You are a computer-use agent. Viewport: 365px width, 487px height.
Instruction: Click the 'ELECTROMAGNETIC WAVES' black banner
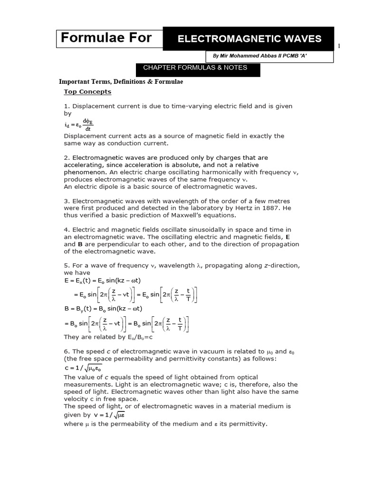click(249, 39)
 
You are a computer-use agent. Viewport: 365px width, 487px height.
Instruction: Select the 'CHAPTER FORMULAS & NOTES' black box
click(195, 68)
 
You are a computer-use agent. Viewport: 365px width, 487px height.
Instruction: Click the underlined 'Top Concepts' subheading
click(87, 92)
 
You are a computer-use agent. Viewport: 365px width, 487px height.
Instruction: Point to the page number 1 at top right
click(339, 46)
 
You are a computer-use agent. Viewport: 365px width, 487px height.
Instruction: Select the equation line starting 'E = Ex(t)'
click(102, 281)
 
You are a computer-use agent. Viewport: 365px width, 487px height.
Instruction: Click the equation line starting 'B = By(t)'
click(102, 308)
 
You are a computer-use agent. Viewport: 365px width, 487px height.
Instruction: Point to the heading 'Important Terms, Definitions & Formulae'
click(120, 82)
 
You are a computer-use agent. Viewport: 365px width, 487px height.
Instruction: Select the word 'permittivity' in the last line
click(247, 424)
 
